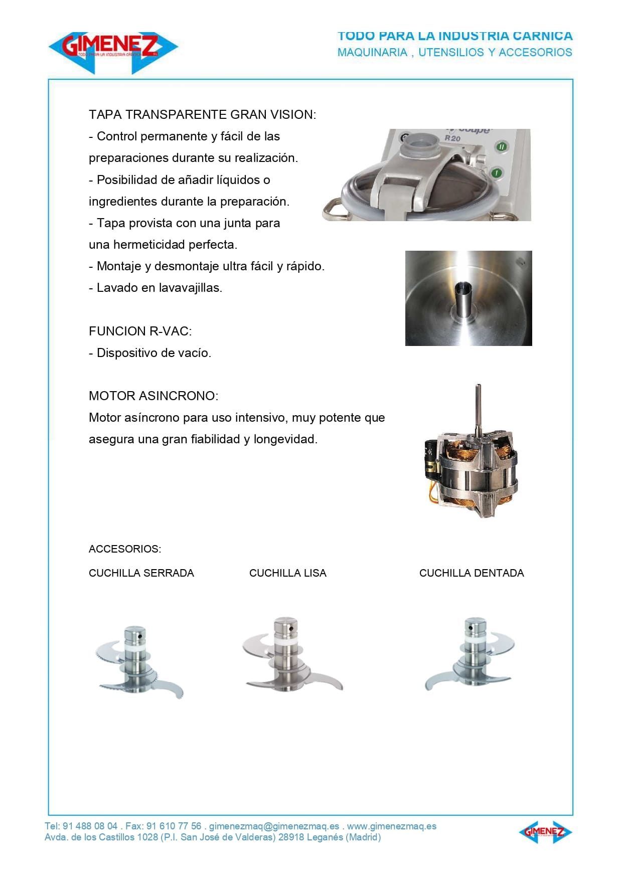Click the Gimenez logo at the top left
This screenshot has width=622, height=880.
(113, 49)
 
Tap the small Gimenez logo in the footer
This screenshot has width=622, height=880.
(545, 832)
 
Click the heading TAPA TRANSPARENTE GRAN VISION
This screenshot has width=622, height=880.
(202, 115)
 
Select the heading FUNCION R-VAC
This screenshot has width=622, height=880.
(140, 331)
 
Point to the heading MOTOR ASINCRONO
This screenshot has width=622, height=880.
(153, 396)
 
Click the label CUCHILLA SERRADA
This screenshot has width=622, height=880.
(141, 573)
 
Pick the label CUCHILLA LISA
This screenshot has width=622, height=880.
(287, 573)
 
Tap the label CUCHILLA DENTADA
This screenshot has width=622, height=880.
(471, 573)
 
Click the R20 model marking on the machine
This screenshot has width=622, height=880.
(452, 138)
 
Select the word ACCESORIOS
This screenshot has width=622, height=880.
(124, 549)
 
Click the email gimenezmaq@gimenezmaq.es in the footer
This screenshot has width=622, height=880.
(274, 826)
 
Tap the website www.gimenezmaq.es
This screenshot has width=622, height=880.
(392, 826)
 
